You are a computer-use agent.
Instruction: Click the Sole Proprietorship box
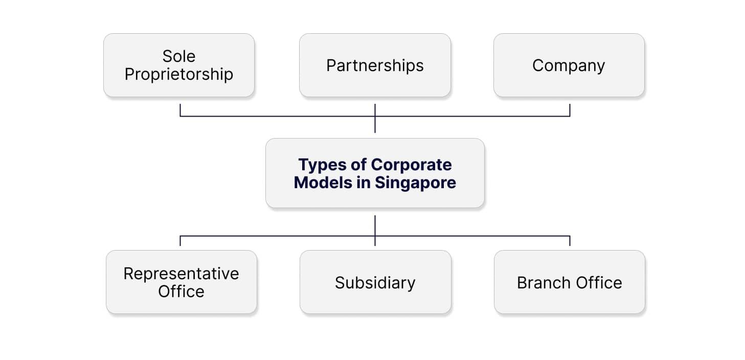179,65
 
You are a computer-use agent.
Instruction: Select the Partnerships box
375,65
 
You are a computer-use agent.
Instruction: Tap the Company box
569,65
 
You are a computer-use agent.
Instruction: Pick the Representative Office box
181,282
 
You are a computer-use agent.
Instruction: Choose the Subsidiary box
375,282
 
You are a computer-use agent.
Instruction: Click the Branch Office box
569,282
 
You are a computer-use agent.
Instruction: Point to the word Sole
179,56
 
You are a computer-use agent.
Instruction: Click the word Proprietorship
179,74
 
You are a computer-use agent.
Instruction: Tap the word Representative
181,274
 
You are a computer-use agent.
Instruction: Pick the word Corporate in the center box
412,165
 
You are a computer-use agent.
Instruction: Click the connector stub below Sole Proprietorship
180,110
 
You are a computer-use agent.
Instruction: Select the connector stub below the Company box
570,110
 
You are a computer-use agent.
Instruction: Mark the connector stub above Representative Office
180,241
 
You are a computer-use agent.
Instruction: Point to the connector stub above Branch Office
570,241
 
